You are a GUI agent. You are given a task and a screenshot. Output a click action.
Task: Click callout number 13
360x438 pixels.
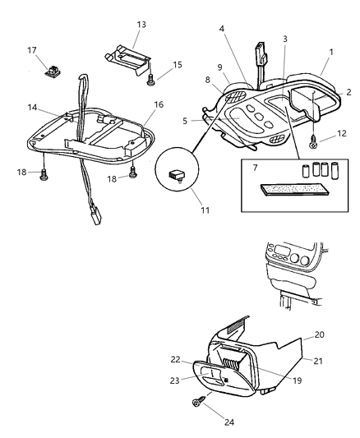point(141,25)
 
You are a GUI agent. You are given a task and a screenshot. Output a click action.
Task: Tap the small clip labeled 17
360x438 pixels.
point(53,71)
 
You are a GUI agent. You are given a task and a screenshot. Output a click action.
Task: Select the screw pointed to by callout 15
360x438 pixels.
point(150,81)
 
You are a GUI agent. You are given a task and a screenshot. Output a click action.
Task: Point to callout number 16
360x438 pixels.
point(159,104)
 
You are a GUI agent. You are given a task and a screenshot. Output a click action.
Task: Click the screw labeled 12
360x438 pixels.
point(313,144)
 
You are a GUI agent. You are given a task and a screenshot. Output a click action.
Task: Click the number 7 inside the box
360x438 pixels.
point(255,168)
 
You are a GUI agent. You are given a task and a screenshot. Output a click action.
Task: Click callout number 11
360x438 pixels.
point(205,210)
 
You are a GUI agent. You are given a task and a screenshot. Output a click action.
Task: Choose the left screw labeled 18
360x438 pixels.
point(44,175)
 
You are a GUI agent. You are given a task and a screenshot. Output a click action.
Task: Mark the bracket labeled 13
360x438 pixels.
point(127,59)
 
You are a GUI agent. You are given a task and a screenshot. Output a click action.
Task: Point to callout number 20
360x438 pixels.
point(319,334)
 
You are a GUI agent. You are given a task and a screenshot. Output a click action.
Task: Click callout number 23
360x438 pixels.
point(174,380)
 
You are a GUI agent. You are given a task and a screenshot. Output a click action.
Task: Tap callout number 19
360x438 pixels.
point(298,380)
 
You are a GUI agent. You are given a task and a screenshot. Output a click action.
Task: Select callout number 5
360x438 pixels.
point(185,121)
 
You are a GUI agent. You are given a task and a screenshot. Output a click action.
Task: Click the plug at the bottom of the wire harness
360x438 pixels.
point(95,217)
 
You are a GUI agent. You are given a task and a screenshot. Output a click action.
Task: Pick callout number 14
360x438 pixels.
point(32,108)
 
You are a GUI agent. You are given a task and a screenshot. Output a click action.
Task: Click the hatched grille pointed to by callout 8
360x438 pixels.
point(237,96)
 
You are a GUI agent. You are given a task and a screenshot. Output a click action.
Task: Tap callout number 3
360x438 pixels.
point(285,39)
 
